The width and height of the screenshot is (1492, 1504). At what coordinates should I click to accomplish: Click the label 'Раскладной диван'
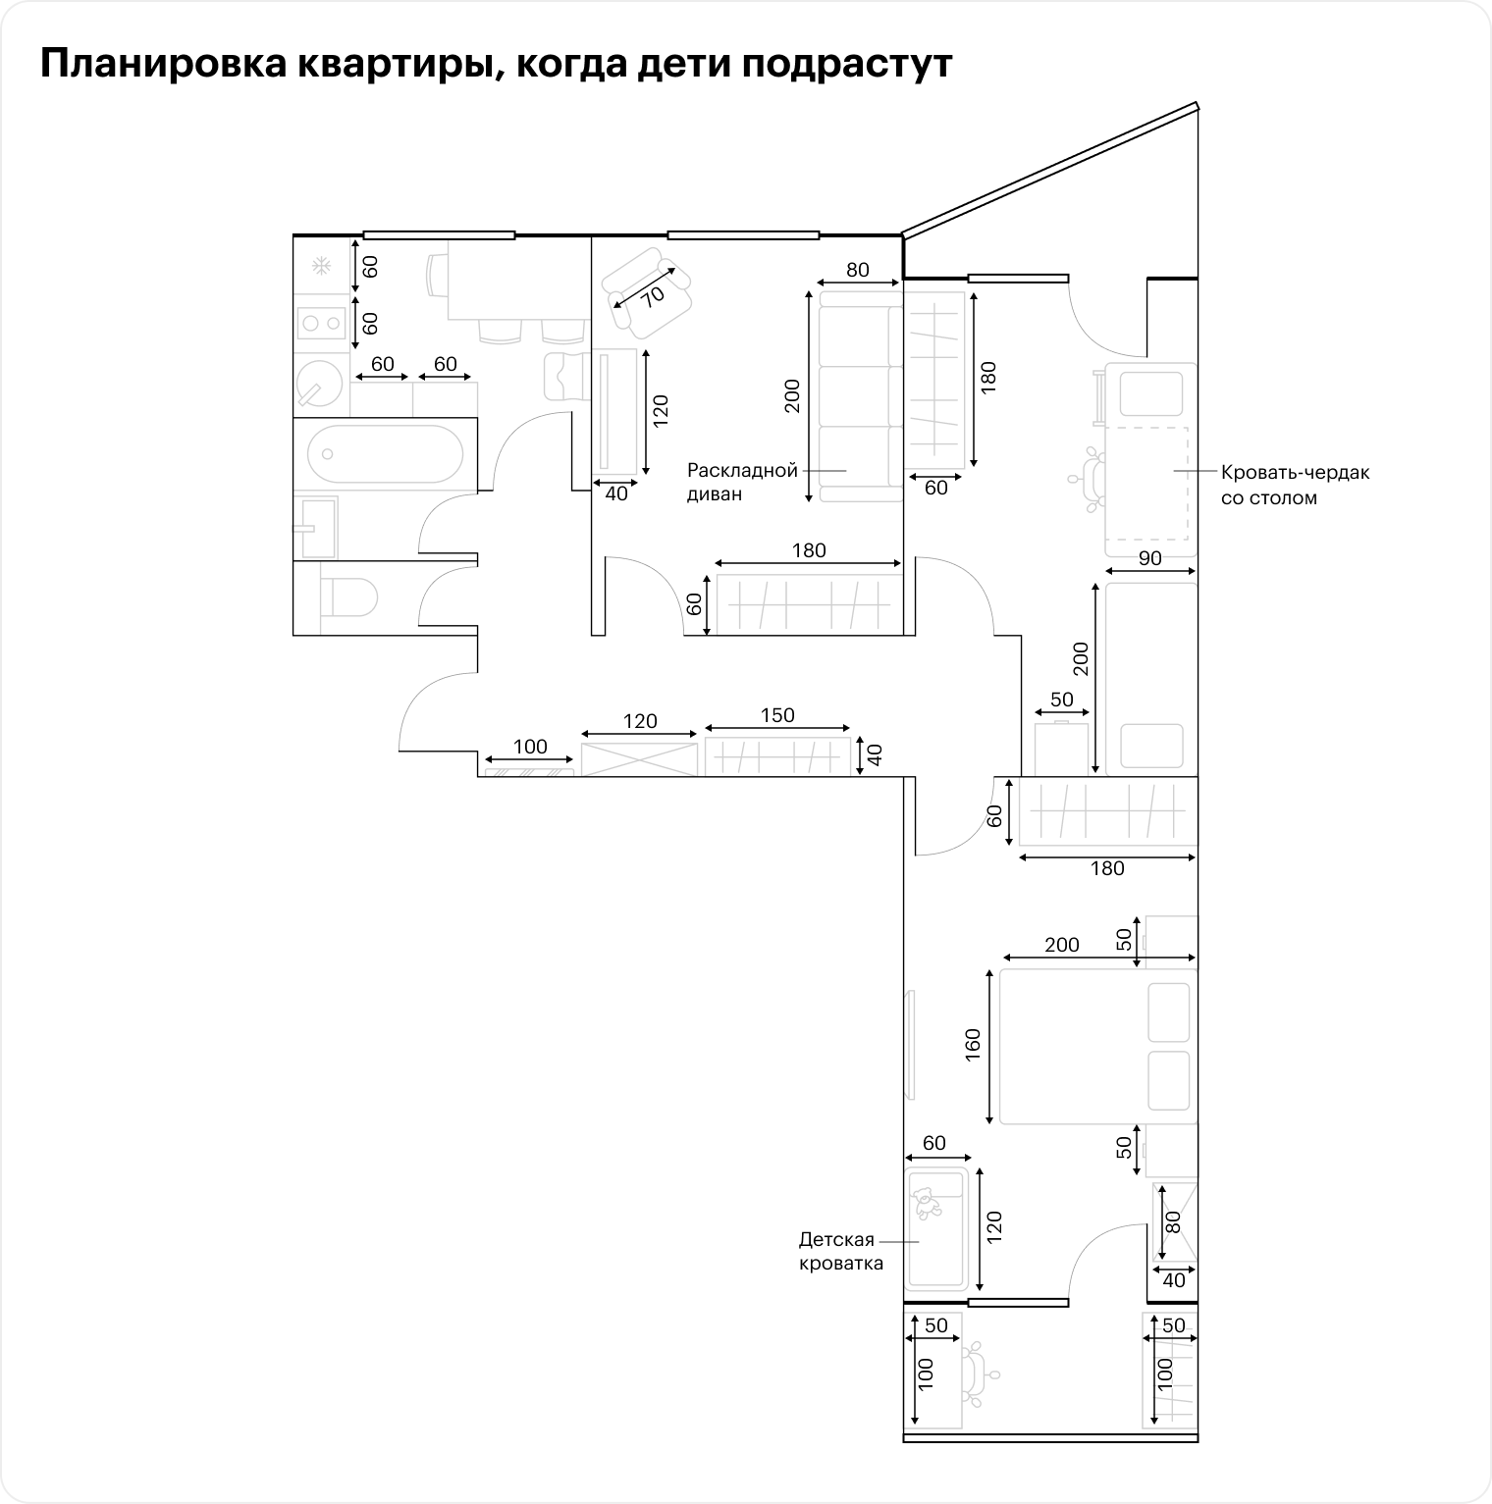[x=742, y=482]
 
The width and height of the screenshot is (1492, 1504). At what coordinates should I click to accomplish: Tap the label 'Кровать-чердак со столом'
[x=1295, y=485]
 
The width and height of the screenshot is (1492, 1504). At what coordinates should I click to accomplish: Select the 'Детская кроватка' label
[x=840, y=1251]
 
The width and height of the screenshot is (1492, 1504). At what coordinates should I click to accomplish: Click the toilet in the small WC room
[x=349, y=596]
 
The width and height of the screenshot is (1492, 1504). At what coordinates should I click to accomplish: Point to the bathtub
[x=385, y=454]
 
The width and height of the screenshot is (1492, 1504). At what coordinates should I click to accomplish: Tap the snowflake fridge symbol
[x=320, y=265]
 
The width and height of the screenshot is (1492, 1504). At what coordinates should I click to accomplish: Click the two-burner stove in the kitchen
[x=321, y=322]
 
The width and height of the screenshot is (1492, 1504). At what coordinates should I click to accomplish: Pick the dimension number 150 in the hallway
[x=777, y=715]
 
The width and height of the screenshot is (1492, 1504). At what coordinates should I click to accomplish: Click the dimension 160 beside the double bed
[x=973, y=1046]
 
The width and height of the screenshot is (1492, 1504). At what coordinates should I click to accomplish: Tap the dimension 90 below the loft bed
[x=1150, y=558]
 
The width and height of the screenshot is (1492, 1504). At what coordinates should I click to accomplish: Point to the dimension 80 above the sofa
[x=858, y=270]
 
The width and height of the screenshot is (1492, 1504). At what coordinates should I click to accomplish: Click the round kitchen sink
[x=319, y=383]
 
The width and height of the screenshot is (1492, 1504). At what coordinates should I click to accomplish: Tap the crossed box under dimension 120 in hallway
[x=640, y=759]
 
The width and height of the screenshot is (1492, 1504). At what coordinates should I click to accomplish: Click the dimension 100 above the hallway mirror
[x=530, y=747]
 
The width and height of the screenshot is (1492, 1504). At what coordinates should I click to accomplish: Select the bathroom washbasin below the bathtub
[x=315, y=527]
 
